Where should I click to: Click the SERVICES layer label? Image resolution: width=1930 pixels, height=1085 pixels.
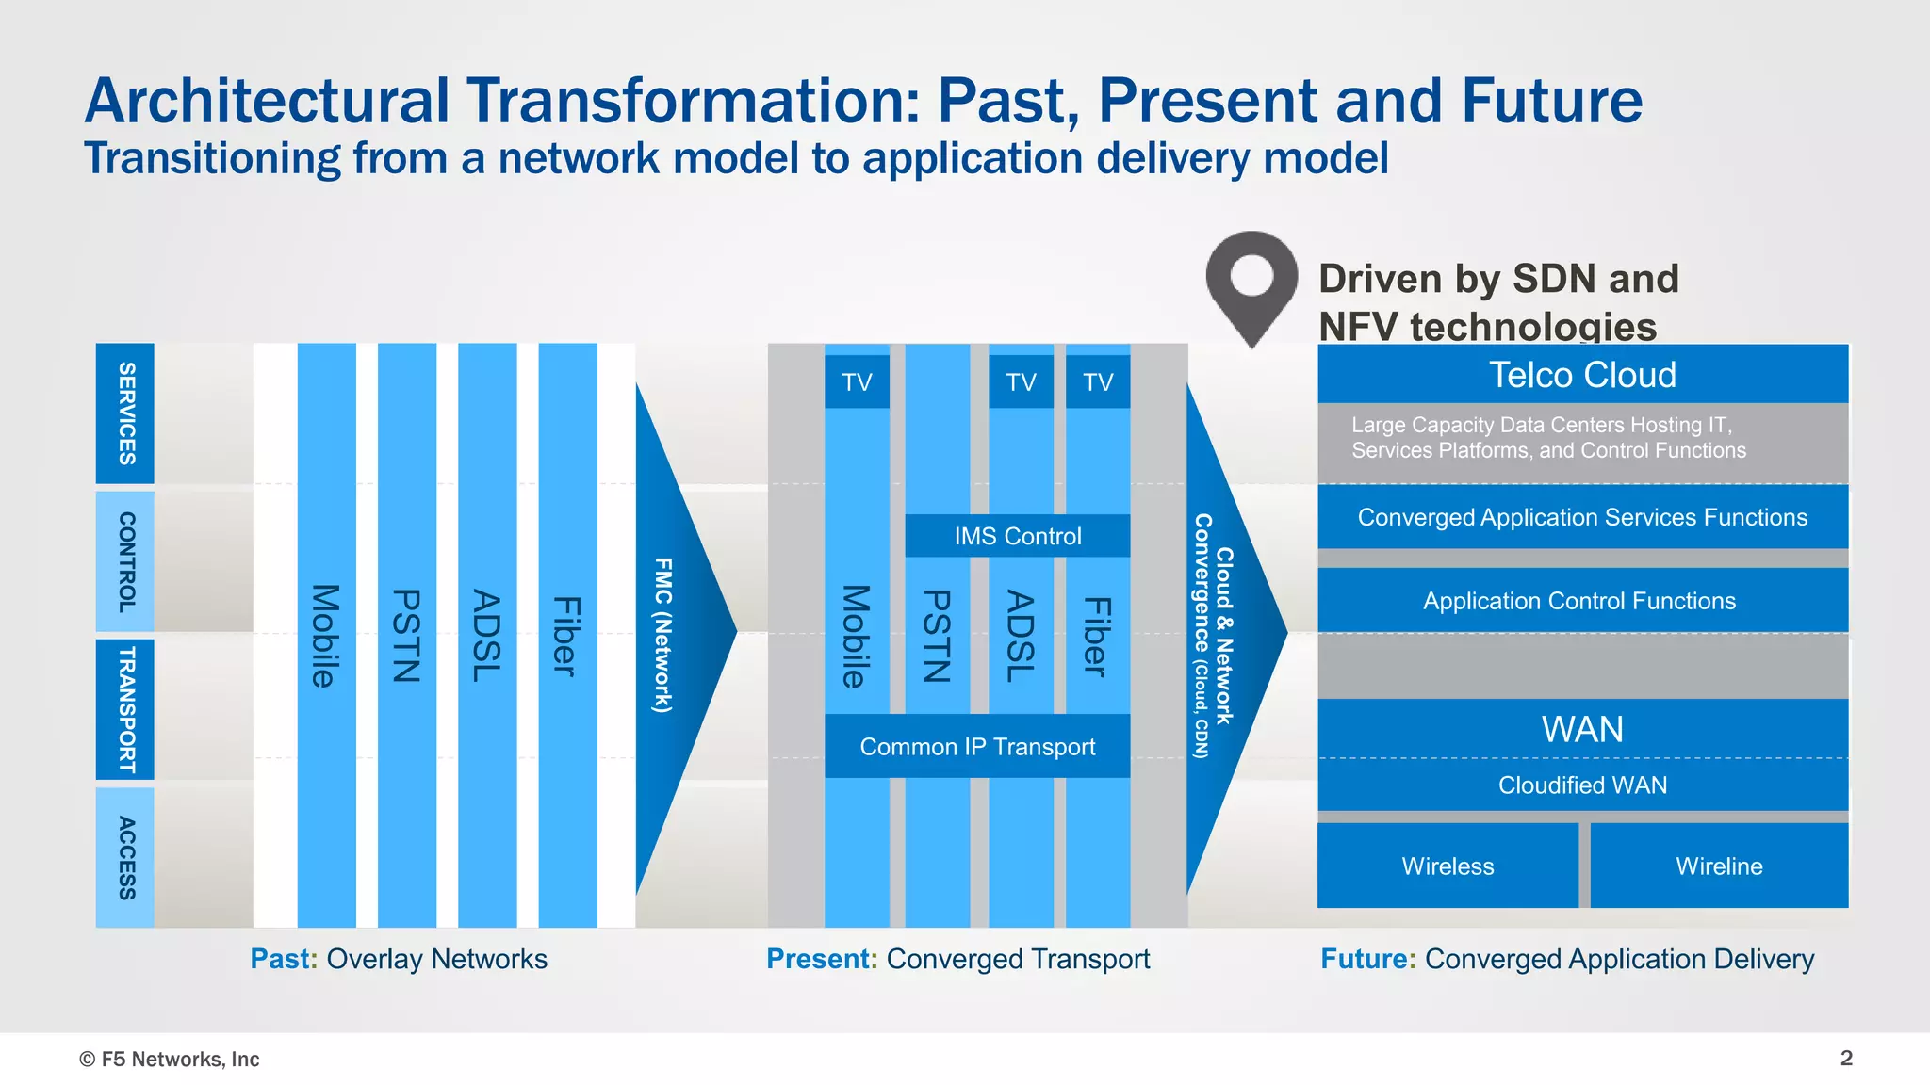(125, 413)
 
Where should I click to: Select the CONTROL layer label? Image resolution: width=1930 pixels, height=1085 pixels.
(125, 561)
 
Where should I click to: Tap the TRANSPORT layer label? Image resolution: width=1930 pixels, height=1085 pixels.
(125, 709)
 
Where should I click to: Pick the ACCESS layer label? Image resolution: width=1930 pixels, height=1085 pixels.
(125, 857)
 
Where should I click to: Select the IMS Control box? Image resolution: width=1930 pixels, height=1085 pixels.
(1017, 536)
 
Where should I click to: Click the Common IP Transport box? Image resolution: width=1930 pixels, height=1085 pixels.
(977, 747)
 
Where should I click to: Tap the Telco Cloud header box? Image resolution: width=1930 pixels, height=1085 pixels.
(1582, 375)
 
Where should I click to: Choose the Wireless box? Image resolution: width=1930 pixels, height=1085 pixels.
(1447, 866)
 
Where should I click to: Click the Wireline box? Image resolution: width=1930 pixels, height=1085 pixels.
(1719, 866)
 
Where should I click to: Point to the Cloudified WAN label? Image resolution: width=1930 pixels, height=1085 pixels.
(1582, 785)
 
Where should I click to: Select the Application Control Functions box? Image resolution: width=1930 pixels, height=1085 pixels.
(1579, 601)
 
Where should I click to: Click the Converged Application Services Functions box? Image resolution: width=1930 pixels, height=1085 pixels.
(1582, 517)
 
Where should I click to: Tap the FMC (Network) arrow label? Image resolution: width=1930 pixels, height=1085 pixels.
(663, 635)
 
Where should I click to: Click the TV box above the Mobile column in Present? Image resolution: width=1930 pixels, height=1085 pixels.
(857, 382)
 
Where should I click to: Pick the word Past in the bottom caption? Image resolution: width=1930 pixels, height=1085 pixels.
(281, 959)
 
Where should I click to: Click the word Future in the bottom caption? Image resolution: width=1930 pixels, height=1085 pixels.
(1366, 959)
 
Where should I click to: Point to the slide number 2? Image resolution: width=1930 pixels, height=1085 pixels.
(1846, 1058)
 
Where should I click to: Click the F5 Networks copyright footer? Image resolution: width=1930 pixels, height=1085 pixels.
(170, 1060)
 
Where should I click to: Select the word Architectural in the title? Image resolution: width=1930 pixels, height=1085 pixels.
(268, 101)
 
